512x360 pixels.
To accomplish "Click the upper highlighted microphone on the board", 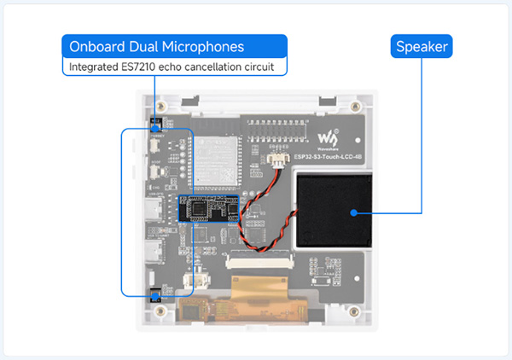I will click(x=155, y=125).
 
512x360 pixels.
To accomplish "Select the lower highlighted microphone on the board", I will click(x=155, y=295).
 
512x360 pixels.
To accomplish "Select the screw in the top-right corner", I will click(x=355, y=108).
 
